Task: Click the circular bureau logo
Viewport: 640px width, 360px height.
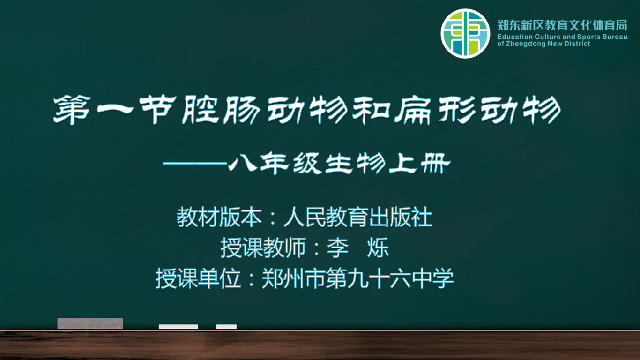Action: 465,33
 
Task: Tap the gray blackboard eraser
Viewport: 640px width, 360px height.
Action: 90,323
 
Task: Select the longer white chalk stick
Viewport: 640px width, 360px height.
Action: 179,327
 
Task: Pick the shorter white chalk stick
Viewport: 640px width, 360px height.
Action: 226,327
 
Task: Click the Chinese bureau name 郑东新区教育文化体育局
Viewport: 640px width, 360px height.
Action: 562,25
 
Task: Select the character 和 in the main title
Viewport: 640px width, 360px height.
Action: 371,110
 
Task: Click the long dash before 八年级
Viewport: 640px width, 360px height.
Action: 195,164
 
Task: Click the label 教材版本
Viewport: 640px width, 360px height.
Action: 219,217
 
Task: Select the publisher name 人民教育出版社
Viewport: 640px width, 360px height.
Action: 357,217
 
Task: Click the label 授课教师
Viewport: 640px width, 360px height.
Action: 263,247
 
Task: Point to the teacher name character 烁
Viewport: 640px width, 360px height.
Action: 378,247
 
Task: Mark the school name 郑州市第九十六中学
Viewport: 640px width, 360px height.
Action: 357,278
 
